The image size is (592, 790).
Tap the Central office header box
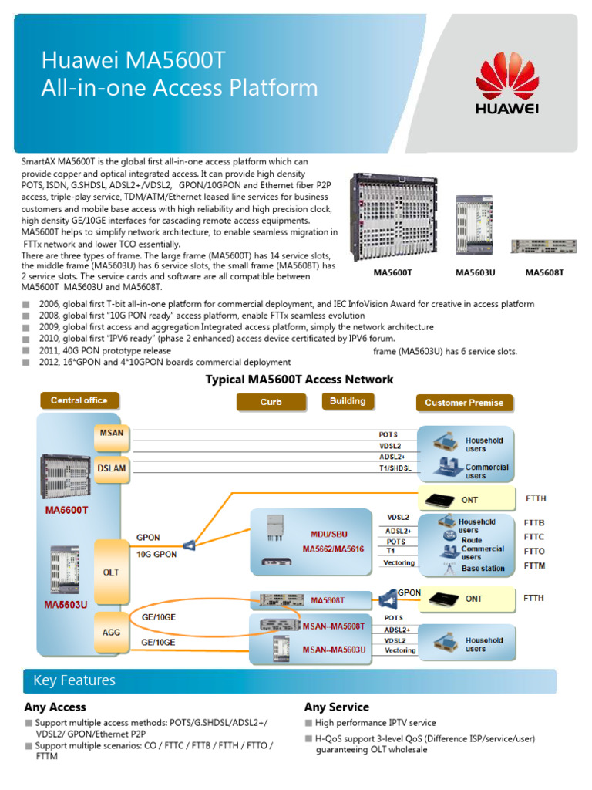79,400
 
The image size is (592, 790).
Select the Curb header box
271,402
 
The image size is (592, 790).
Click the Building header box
348,401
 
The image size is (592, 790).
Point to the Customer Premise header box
463,403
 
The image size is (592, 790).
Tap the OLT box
111,572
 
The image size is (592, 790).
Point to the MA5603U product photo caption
475,272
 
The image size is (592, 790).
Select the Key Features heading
74,680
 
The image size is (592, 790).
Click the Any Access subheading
55,707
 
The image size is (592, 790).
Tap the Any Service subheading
336,707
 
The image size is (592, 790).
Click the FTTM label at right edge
534,565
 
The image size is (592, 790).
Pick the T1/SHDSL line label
395,468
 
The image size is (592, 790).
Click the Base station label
483,569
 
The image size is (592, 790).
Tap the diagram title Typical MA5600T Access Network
299,380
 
